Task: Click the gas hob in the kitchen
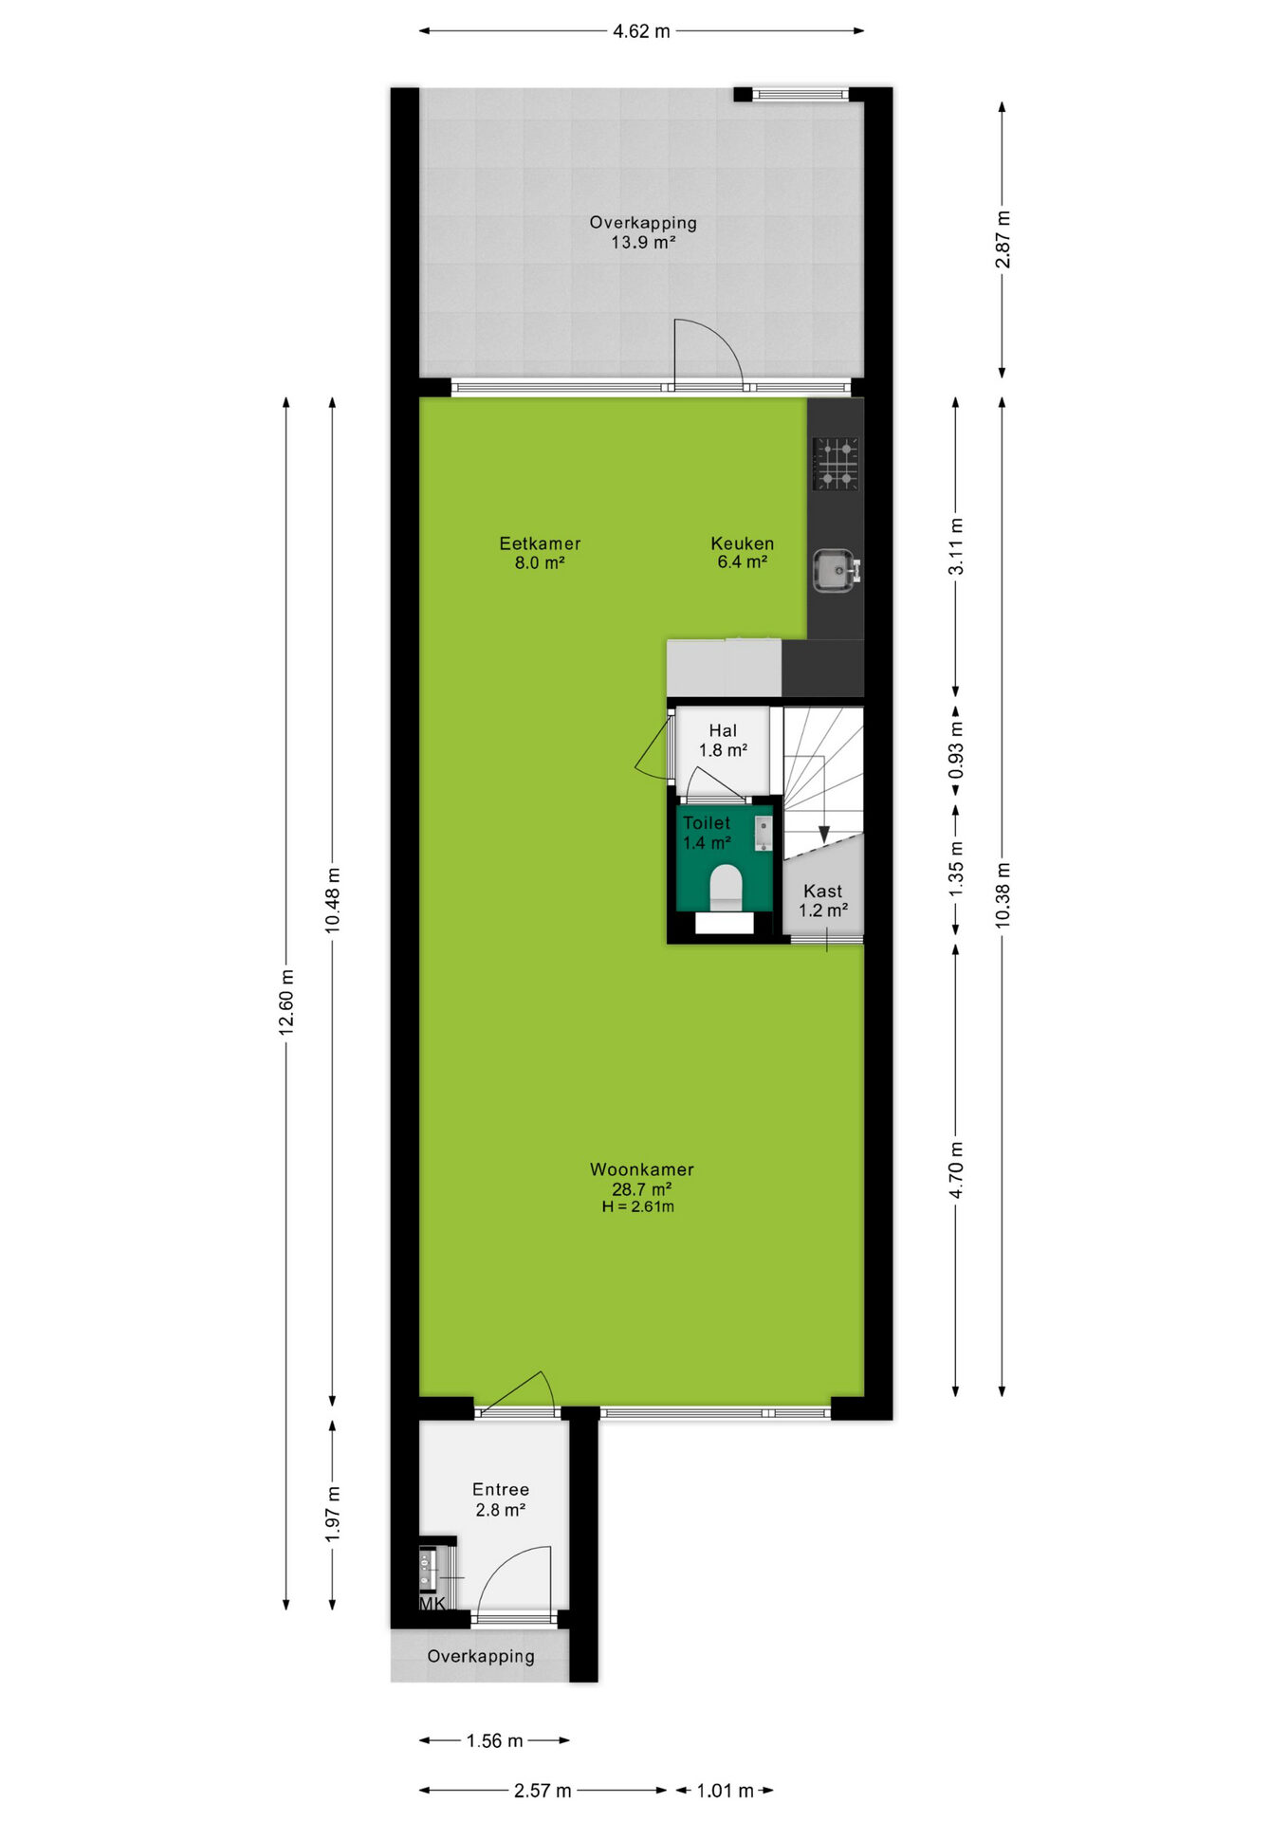click(x=836, y=464)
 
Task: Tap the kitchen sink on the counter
click(x=836, y=570)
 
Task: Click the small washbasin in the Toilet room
click(x=764, y=833)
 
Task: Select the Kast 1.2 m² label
click(x=822, y=900)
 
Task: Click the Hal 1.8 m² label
click(x=723, y=740)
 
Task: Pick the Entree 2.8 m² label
click(x=501, y=1499)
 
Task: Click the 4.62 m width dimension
click(x=641, y=31)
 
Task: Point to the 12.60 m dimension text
click(x=286, y=1002)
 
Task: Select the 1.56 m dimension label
click(x=494, y=1740)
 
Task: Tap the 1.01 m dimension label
click(x=725, y=1791)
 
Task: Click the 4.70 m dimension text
click(x=956, y=1170)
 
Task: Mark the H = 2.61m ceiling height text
click(x=638, y=1206)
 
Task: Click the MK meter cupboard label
click(x=432, y=1604)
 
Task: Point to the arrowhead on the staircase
click(x=824, y=834)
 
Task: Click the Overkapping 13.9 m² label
click(x=643, y=232)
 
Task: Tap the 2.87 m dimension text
click(x=1003, y=239)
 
